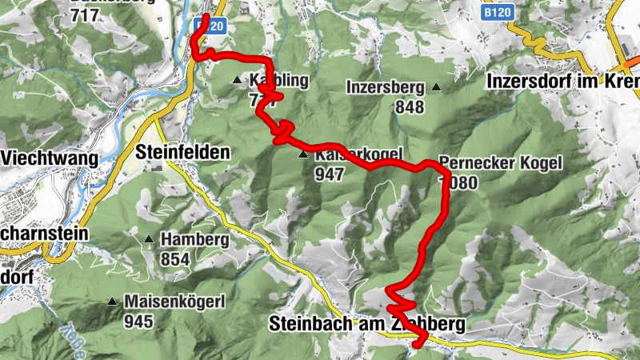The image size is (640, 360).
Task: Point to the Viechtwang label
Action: [50, 158]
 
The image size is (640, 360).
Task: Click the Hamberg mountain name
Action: [194, 239]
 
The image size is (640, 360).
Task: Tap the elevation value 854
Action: [174, 258]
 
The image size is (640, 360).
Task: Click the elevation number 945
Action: [138, 322]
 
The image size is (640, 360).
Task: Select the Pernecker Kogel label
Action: [501, 162]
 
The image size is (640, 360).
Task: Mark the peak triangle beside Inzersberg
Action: [436, 87]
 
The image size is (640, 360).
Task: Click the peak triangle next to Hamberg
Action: [149, 239]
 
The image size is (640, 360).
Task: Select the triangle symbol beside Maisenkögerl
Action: [112, 302]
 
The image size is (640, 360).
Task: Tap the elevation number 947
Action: [329, 173]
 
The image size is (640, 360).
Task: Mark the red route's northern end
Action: [206, 18]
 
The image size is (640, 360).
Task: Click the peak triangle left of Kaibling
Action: [237, 80]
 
